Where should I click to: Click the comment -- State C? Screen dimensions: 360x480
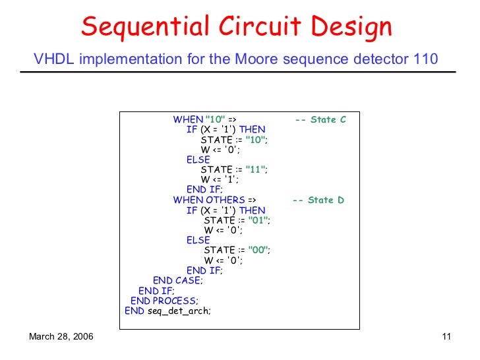[320, 119]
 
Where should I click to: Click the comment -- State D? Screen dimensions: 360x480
[318, 200]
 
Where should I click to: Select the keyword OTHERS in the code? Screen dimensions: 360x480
[225, 200]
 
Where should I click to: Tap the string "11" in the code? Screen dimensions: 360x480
[256, 169]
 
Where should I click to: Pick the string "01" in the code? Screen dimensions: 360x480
[258, 220]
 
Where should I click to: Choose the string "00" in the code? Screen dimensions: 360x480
[258, 250]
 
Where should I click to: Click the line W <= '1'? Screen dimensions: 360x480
[220, 179]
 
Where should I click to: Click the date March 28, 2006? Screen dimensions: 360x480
[61, 338]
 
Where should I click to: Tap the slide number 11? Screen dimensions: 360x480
[446, 338]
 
